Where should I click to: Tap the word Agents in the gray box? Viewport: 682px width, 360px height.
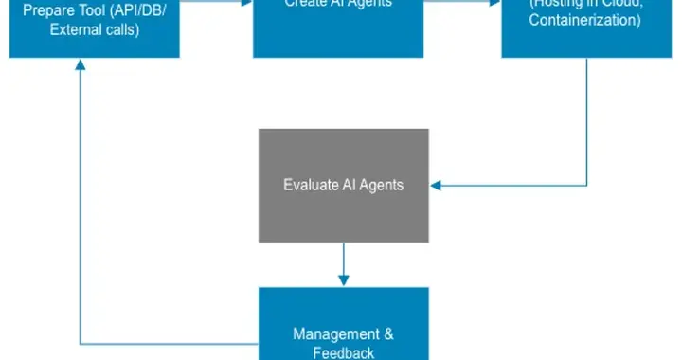pos(382,185)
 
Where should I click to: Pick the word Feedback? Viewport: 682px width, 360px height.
pos(343,352)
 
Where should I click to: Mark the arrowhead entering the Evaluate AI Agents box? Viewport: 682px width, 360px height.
pos(435,185)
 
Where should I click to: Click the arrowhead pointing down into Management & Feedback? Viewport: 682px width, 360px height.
pos(343,280)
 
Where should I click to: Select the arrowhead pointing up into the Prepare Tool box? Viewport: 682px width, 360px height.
pos(81,64)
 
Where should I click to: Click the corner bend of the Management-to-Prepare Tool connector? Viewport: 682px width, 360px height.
pos(81,342)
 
